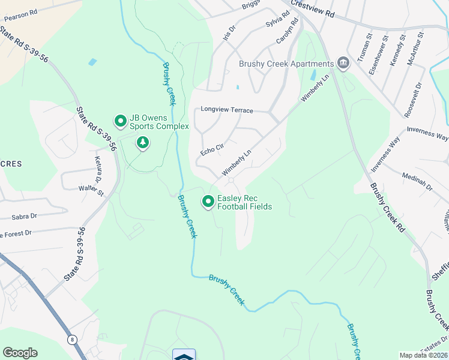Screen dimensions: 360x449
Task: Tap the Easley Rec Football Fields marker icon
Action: (x=208, y=202)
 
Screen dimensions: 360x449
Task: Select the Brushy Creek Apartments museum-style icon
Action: (x=343, y=64)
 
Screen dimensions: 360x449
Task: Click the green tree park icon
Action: (x=143, y=143)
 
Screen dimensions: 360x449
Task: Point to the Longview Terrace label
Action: (x=227, y=110)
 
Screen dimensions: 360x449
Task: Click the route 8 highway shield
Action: (x=72, y=340)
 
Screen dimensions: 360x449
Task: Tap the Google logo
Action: (x=20, y=353)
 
